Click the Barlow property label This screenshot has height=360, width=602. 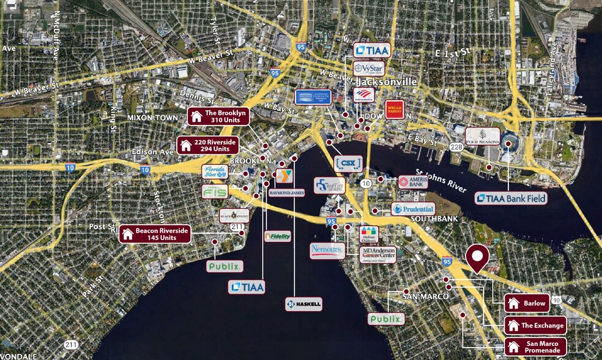click(x=527, y=303)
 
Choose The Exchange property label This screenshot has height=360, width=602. click(x=534, y=325)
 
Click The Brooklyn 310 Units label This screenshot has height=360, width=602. click(x=218, y=116)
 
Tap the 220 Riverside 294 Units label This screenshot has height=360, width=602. click(x=207, y=145)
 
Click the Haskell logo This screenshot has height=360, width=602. click(x=303, y=304)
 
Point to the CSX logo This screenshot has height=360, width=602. click(x=348, y=163)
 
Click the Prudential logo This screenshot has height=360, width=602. click(x=413, y=209)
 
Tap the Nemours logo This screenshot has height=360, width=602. click(x=327, y=250)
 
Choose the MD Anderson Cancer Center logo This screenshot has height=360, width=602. click(x=377, y=254)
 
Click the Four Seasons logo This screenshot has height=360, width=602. click(x=483, y=136)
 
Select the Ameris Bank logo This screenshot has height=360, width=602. click(x=412, y=182)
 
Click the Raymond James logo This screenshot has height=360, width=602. click(x=286, y=192)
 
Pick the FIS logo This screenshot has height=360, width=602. click(x=215, y=192)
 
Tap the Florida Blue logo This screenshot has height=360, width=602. click(x=215, y=172)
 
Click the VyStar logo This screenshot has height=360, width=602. click(x=369, y=68)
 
